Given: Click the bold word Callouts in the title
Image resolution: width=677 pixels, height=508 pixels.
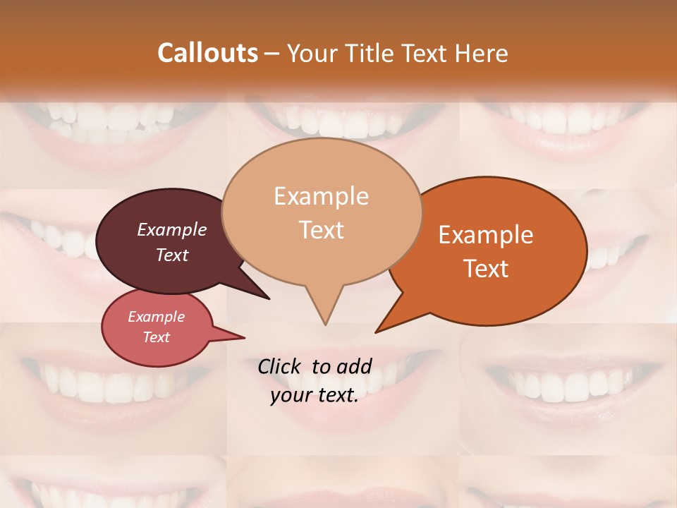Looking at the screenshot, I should point(207,53).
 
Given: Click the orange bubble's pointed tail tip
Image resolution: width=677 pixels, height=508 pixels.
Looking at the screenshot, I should point(376,332).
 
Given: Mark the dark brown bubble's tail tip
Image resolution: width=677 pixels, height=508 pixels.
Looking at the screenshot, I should point(269,299).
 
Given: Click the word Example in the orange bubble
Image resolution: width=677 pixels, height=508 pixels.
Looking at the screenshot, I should point(486,235).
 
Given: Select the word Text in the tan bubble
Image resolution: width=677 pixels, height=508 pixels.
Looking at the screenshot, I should point(322,229).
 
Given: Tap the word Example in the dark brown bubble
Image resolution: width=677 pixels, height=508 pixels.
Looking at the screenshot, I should point(172,229).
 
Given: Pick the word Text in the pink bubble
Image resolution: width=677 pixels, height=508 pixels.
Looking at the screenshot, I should point(157,337).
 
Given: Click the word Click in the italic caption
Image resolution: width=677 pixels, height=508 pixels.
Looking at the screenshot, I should point(281,366).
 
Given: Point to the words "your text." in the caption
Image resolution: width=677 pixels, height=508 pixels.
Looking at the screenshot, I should point(315,395).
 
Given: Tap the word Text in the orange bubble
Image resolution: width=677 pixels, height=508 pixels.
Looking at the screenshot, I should point(486,268).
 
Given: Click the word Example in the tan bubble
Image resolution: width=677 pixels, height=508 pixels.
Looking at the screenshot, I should point(322,196).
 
